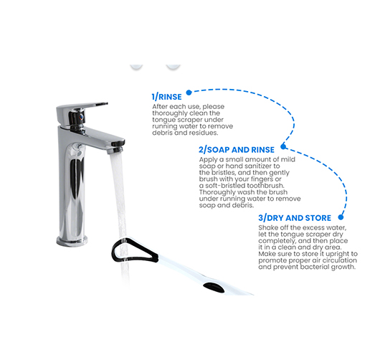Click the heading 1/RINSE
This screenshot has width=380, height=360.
[167, 97]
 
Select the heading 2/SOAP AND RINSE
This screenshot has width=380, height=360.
[237, 150]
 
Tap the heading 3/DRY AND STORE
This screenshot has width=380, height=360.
[295, 218]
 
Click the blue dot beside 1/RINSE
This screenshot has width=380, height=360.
[189, 93]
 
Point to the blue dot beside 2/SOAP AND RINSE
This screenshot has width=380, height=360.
[283, 146]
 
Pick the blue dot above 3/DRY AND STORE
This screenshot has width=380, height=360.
[341, 217]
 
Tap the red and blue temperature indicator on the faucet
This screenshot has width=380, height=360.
[82, 117]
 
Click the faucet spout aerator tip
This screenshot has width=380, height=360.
[115, 150]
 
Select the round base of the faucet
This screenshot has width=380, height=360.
[72, 241]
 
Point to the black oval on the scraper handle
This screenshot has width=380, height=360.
[214, 288]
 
